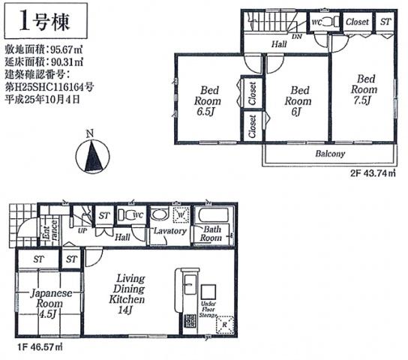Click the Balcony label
(330, 154)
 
